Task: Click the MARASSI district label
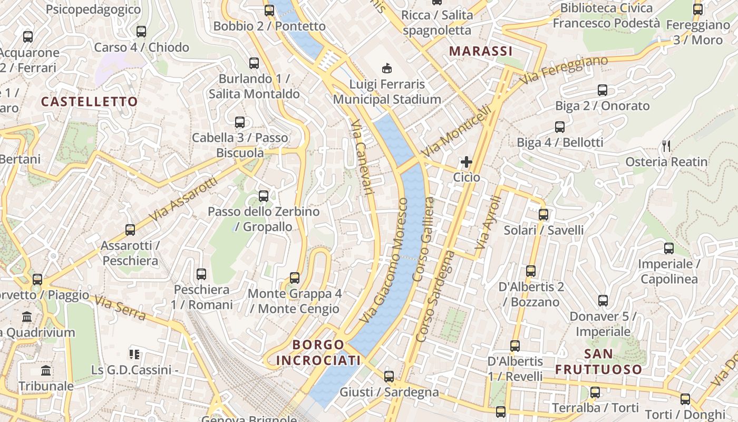480,51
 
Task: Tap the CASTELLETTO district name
89,101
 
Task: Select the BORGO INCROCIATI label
318,352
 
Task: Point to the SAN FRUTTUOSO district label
599,361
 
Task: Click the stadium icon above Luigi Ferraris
387,68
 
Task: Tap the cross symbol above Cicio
467,162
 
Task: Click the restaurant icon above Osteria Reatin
666,146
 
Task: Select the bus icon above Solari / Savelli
543,215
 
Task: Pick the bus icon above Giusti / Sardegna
389,377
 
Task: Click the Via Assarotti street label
183,199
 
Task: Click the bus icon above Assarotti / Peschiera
130,230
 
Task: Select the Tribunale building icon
46,370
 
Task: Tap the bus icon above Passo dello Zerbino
264,196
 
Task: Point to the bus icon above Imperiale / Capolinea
669,248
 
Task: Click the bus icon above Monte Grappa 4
295,278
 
